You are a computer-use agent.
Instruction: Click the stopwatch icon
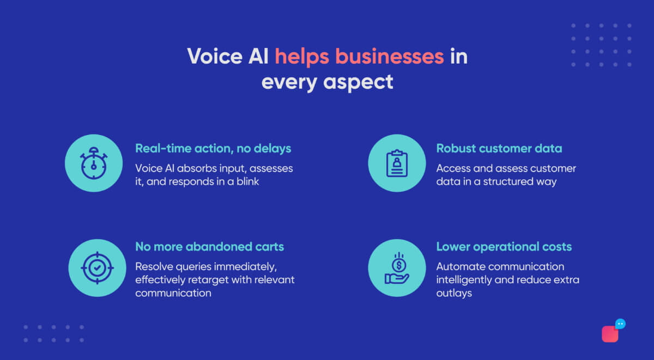pos(94,163)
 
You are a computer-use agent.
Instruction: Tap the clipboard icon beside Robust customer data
pos(397,163)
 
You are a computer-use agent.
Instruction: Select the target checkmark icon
pos(96,268)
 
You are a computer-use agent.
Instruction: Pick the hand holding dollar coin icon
pos(397,268)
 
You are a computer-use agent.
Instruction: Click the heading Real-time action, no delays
pos(213,148)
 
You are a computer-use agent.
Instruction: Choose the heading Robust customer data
pos(499,148)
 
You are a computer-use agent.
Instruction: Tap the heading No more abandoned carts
pos(209,247)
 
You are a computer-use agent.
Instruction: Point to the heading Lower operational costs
pos(504,247)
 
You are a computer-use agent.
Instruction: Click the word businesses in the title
pos(389,56)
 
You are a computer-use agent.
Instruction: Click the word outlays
pos(454,293)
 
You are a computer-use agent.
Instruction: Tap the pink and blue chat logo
pos(613,331)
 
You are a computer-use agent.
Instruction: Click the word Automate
pos(461,267)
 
